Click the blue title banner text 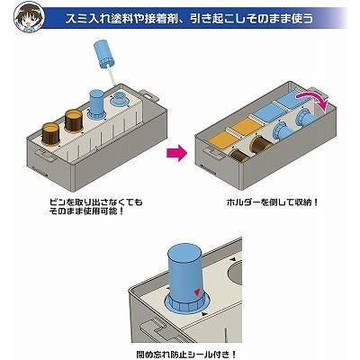[x=189, y=19]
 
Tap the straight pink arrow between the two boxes [x=176, y=153]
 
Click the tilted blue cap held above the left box [x=104, y=54]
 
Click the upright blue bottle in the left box [x=97, y=105]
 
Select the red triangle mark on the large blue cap [x=197, y=292]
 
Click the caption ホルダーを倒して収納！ [x=272, y=202]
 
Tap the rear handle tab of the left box [x=149, y=96]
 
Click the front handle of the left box [x=46, y=154]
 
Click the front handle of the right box [x=213, y=152]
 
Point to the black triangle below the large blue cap [x=204, y=314]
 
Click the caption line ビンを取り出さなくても [x=95, y=202]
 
